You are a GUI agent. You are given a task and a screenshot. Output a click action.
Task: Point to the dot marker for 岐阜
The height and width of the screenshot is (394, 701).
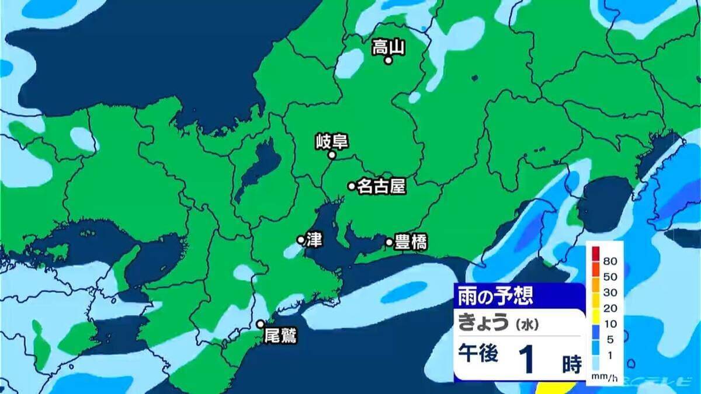[x=332, y=155]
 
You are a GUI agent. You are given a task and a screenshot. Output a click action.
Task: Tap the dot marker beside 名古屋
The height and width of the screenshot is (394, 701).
[x=352, y=186]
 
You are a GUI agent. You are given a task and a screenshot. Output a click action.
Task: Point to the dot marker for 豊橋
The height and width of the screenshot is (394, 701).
[x=389, y=242]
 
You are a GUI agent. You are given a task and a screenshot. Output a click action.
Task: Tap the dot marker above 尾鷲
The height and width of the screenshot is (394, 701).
[x=261, y=324]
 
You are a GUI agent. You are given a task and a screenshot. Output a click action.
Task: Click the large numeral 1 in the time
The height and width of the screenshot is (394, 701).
[x=529, y=360]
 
